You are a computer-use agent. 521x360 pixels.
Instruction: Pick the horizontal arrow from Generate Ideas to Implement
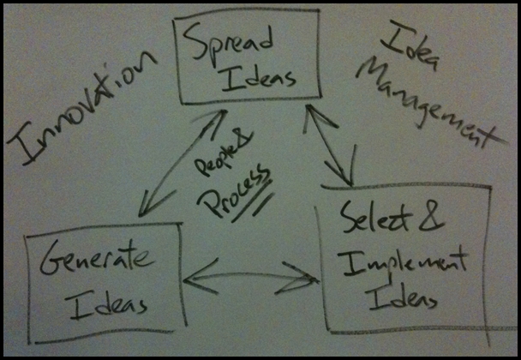click(x=249, y=277)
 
